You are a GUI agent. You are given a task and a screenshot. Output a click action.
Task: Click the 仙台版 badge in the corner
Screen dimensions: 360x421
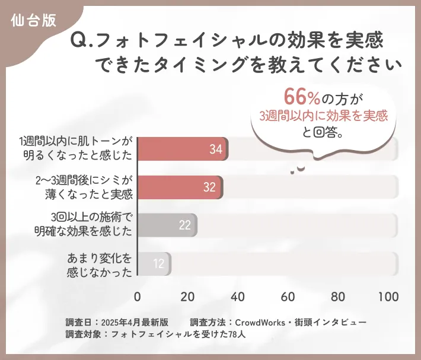(x=34, y=20)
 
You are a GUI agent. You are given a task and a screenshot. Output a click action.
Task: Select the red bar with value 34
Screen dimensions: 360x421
(x=183, y=149)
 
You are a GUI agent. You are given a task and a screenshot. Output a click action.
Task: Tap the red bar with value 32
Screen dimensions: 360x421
(x=180, y=187)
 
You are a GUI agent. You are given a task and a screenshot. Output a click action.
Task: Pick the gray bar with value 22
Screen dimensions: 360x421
(x=167, y=225)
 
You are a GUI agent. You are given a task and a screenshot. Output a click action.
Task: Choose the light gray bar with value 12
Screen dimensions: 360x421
(x=154, y=263)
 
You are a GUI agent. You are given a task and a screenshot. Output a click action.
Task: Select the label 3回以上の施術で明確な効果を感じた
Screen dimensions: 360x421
(x=84, y=224)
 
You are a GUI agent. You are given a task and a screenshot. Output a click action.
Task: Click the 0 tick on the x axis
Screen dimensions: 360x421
(x=138, y=297)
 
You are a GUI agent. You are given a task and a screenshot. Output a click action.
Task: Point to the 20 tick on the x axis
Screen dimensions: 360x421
(x=188, y=297)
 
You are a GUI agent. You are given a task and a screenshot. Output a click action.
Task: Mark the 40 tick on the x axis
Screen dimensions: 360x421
(x=238, y=297)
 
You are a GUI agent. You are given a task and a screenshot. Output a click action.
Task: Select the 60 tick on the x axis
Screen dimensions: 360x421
(x=289, y=297)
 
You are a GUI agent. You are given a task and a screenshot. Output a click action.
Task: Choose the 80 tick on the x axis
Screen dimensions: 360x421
(x=339, y=297)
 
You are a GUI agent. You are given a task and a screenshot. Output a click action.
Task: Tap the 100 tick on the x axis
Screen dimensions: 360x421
(x=388, y=297)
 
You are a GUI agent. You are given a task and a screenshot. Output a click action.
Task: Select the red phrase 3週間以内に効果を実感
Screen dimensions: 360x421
(x=324, y=116)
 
